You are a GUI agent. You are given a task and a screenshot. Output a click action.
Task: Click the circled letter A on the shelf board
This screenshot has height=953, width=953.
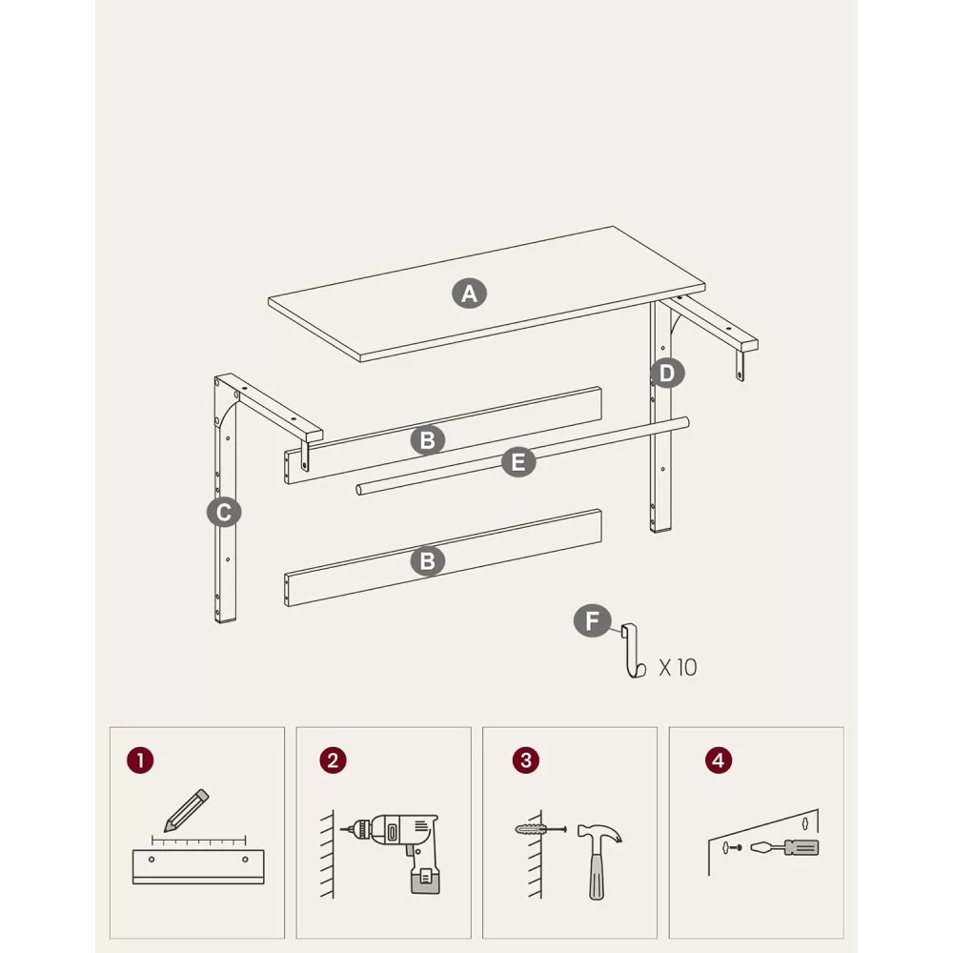tap(469, 294)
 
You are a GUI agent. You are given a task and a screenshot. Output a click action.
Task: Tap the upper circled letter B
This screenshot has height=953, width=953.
tap(427, 440)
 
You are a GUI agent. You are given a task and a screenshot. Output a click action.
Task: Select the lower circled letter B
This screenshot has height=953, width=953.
tap(427, 561)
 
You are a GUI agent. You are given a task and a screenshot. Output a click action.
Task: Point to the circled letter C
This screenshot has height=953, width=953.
tap(224, 513)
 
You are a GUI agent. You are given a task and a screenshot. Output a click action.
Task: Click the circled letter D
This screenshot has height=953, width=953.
tap(667, 374)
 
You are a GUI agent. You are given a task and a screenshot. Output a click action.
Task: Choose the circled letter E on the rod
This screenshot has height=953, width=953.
tap(518, 462)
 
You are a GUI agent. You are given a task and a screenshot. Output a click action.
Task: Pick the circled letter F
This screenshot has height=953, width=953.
tap(592, 621)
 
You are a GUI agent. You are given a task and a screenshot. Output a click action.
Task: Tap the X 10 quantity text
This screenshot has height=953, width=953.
tap(678, 668)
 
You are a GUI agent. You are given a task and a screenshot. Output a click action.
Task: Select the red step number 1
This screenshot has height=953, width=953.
tap(140, 760)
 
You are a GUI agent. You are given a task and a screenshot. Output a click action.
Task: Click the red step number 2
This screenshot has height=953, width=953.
tap(333, 760)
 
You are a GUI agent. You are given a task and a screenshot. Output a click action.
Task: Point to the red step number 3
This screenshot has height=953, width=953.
tap(526, 760)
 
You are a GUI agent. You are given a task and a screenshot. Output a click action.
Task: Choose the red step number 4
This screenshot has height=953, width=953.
tap(719, 760)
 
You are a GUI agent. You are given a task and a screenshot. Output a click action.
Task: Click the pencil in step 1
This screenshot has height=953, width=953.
tap(186, 811)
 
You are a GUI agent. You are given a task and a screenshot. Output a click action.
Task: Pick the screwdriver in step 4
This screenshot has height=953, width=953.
tap(784, 847)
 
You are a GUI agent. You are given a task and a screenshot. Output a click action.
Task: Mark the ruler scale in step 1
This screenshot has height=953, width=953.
tap(199, 841)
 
